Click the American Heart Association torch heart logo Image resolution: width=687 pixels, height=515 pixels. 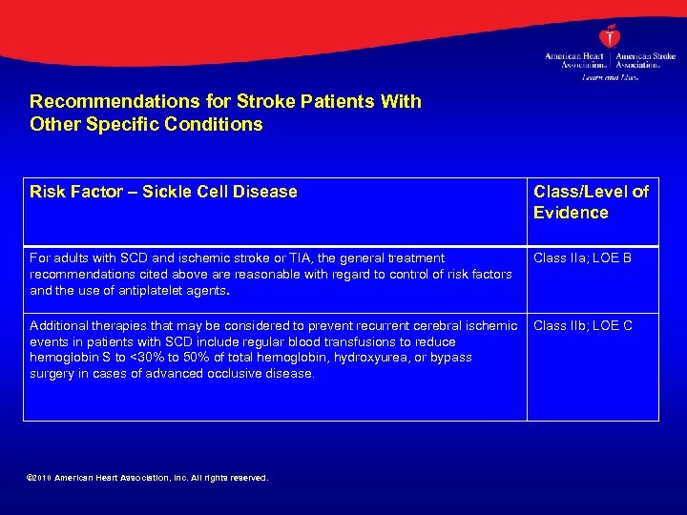click(x=610, y=36)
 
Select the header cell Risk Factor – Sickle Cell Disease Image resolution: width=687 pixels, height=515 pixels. click(x=163, y=192)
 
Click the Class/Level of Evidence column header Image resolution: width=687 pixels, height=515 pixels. click(x=591, y=202)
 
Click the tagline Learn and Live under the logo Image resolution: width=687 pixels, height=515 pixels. click(x=610, y=77)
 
